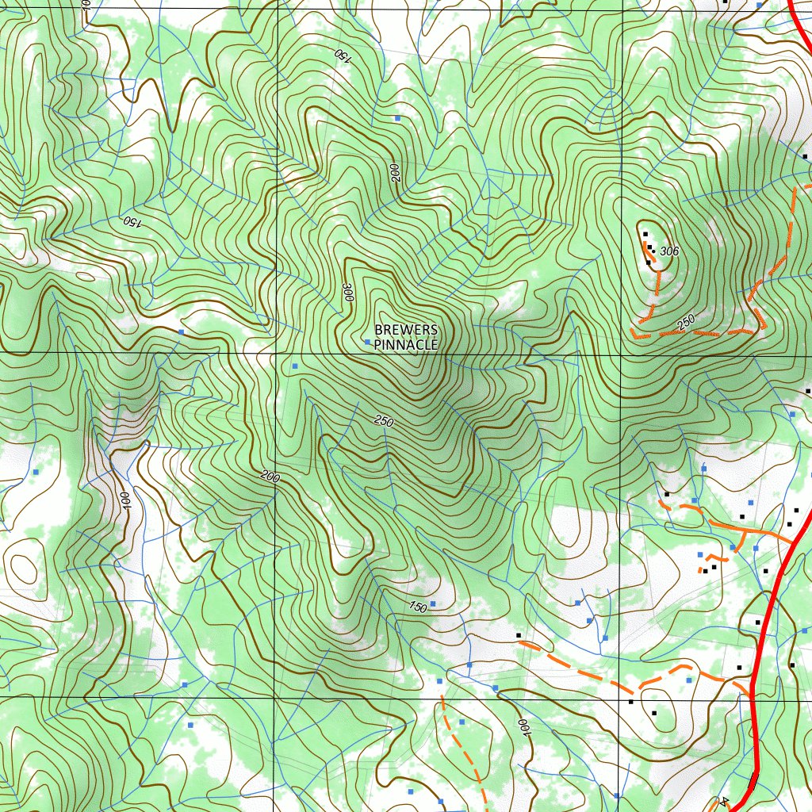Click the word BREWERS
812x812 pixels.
(406, 329)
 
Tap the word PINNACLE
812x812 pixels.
(406, 345)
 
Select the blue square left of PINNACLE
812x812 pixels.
(367, 342)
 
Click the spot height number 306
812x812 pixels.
(670, 251)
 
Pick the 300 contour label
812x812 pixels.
(347, 291)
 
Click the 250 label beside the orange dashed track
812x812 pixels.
(685, 321)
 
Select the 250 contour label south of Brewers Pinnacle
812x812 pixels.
(383, 422)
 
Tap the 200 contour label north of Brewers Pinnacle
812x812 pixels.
(396, 174)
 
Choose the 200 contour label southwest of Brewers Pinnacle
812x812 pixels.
(270, 477)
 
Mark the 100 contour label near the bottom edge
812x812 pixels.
(523, 728)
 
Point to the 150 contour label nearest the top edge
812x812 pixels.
(341, 56)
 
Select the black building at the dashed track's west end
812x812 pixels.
(519, 635)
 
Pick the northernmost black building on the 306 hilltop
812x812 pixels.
(645, 234)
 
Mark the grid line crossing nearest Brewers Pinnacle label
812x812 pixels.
(277, 353)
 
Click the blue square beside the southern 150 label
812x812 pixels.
(432, 603)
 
